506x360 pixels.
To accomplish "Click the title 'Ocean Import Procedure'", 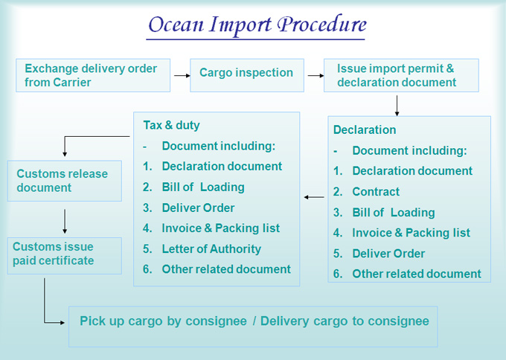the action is tap(257, 25).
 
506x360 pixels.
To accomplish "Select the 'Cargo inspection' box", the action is tap(247, 75).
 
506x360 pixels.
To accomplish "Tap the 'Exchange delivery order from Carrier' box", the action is tap(93, 75).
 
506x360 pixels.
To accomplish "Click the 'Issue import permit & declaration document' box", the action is tap(401, 75).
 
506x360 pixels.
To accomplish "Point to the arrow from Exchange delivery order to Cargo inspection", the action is tap(182, 75).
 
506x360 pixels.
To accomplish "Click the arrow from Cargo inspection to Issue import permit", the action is tap(316, 75).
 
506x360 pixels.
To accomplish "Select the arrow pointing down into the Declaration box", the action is tap(397, 106).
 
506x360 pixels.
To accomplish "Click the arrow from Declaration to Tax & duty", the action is tap(314, 197).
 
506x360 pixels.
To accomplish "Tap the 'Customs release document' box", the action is tap(65, 181).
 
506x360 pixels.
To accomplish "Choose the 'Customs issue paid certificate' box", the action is tap(65, 256).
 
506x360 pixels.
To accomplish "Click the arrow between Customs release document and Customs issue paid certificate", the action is tap(65, 222).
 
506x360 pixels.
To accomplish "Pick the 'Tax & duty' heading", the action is tap(171, 125).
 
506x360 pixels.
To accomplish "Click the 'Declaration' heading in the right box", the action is tap(365, 129).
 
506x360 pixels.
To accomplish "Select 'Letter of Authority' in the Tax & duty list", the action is tap(211, 248).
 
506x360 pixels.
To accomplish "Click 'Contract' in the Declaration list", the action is tap(376, 192).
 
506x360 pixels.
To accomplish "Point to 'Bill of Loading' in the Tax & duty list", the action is tap(203, 187).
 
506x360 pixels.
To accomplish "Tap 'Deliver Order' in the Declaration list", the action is tap(388, 254).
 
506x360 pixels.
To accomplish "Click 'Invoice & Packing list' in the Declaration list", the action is tap(411, 233).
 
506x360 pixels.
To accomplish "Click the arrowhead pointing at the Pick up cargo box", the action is tap(63, 322).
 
